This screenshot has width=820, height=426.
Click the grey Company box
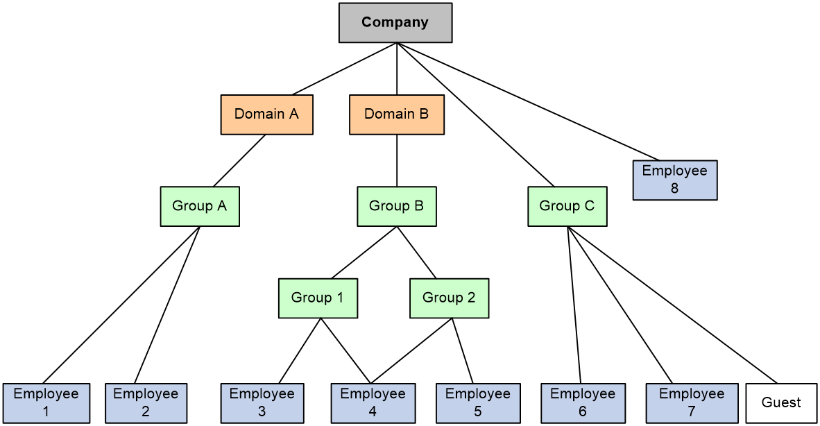(x=395, y=22)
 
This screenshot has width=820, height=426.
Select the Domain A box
(x=266, y=114)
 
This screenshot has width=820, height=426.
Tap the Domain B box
(x=396, y=114)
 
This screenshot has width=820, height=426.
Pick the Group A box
(x=200, y=206)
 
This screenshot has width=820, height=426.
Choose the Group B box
(x=397, y=206)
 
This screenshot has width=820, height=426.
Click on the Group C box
(x=567, y=206)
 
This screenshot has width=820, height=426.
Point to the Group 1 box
(x=318, y=298)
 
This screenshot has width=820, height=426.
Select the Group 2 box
(x=449, y=298)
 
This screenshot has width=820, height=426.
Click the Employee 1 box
(x=46, y=402)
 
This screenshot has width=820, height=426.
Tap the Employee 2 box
(x=146, y=402)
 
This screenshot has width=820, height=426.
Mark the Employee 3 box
(x=262, y=402)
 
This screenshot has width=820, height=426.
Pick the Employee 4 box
(x=373, y=402)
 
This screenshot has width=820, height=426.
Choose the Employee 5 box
(x=478, y=402)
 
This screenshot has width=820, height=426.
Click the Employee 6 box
(x=583, y=402)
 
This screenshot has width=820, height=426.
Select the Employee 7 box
(x=692, y=402)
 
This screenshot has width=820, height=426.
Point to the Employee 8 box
(x=675, y=180)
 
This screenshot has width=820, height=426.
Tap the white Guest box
(x=781, y=402)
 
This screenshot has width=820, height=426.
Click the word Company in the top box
(x=395, y=22)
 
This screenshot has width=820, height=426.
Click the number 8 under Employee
(x=675, y=188)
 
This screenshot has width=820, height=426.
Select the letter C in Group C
(x=589, y=206)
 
